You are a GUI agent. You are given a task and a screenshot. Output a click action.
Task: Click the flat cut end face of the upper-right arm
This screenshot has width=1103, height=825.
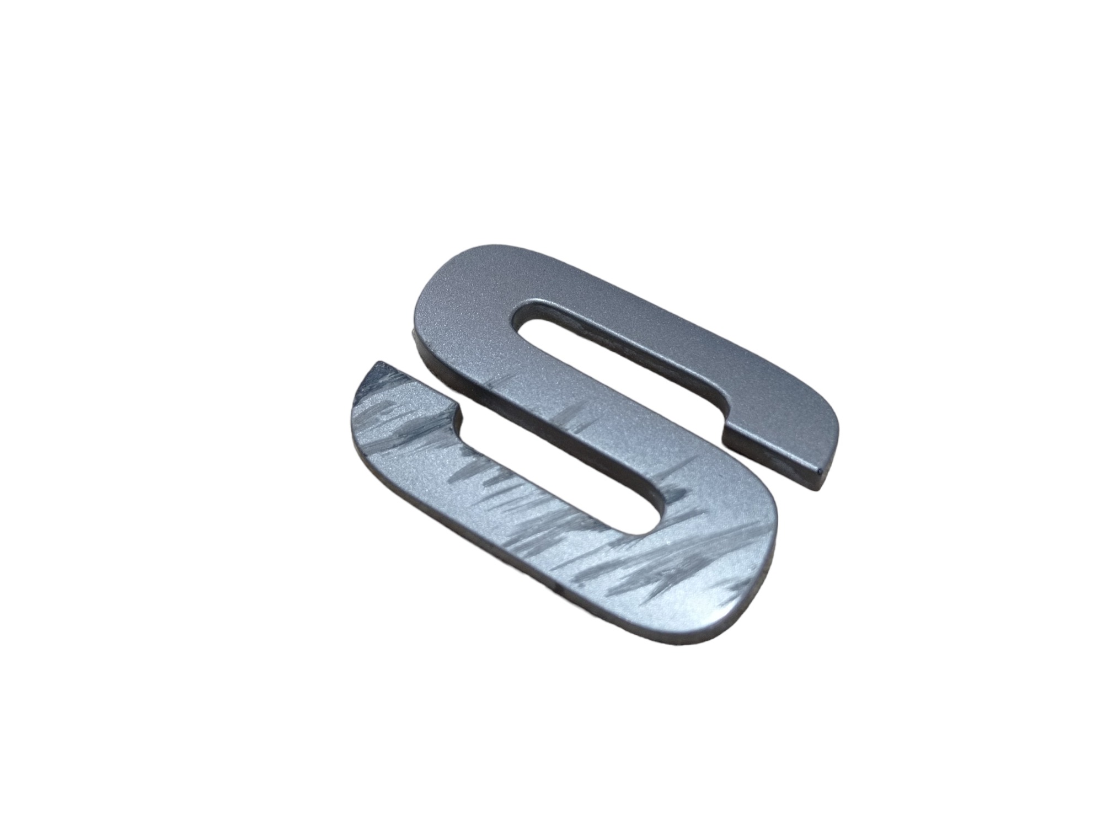[772, 458]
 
